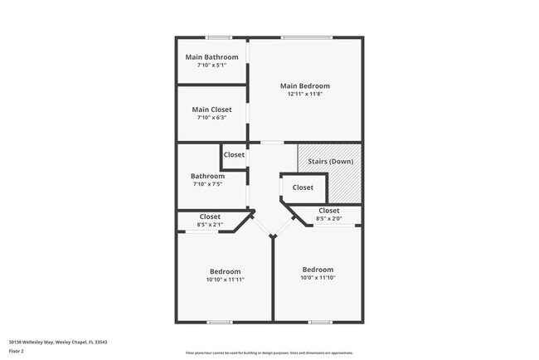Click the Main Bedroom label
tap(305, 86)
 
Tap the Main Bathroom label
tap(211, 57)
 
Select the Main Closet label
tap(211, 109)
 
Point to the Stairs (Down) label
tap(330, 161)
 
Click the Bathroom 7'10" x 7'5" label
tap(207, 176)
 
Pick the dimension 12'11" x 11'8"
tap(305, 95)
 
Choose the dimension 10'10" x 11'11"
tap(226, 280)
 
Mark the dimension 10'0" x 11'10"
tap(318, 278)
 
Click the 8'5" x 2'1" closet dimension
tap(210, 224)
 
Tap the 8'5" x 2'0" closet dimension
tap(329, 219)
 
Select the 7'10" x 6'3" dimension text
tap(211, 118)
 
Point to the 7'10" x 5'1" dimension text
tap(211, 65)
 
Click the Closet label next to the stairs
tap(303, 187)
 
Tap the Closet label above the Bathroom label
tap(234, 155)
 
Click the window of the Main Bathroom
tap(219, 37)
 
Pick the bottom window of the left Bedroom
tap(220, 322)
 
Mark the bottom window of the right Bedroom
tap(320, 322)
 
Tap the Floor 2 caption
tap(17, 351)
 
